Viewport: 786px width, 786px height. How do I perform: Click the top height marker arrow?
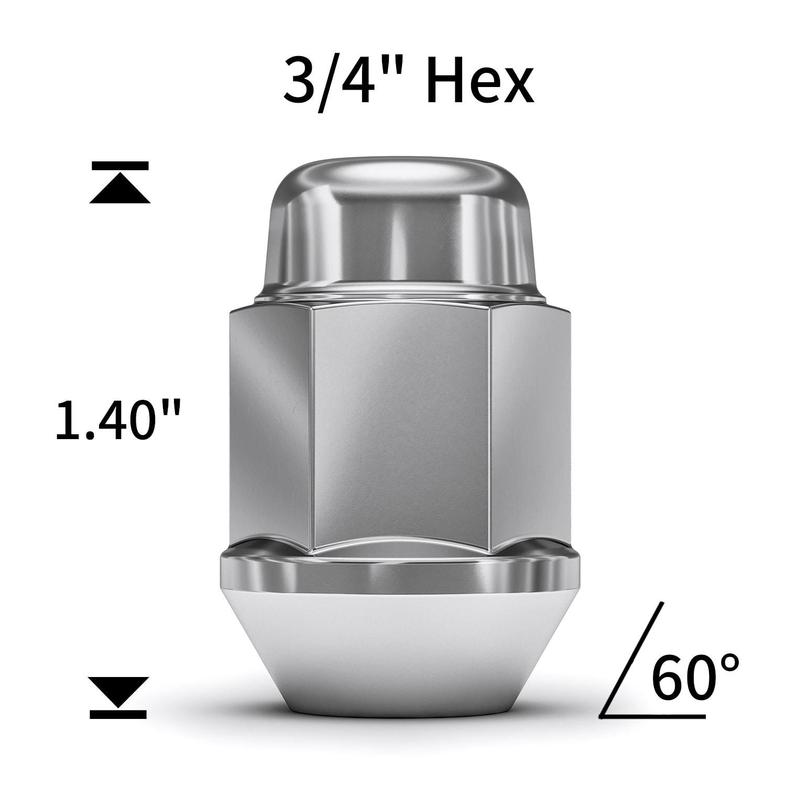click(120, 192)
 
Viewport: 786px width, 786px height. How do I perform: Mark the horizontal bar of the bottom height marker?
click(118, 713)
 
